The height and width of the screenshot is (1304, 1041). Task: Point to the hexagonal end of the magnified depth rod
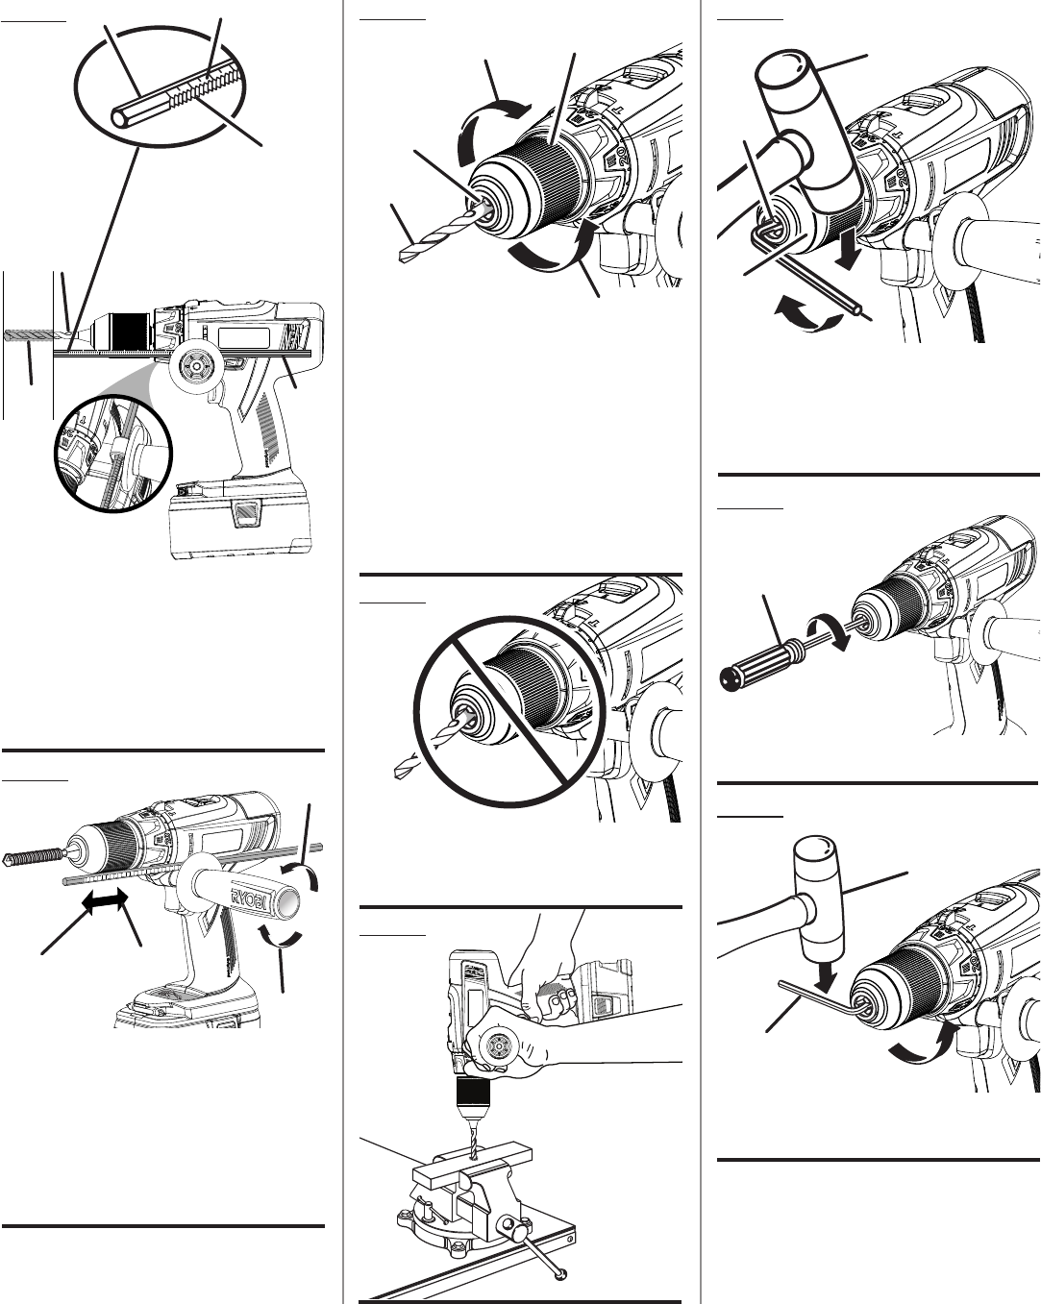(x=120, y=116)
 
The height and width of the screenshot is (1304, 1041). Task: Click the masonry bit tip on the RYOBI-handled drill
(x=10, y=857)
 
